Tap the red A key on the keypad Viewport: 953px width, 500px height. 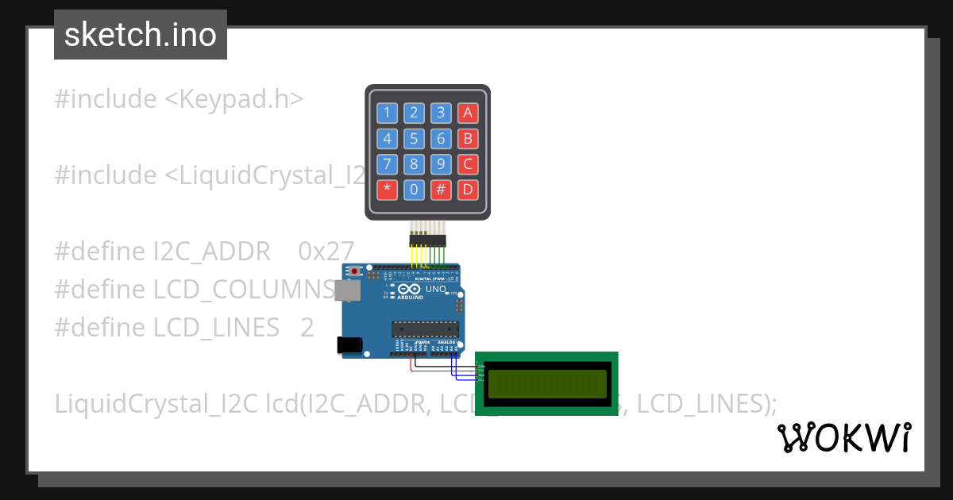click(468, 113)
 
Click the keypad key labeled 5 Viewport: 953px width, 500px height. click(414, 139)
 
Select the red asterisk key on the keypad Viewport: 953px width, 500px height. click(387, 190)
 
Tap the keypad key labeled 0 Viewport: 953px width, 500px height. click(414, 190)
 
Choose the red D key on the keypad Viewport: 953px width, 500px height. click(468, 190)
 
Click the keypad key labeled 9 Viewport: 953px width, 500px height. click(441, 164)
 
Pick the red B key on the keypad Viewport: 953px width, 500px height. click(468, 139)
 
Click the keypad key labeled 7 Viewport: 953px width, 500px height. click(387, 164)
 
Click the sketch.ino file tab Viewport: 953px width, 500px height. click(141, 35)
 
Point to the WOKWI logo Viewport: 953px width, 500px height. click(843, 438)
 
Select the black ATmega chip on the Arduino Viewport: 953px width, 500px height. click(425, 328)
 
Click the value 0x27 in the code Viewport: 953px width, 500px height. click(326, 251)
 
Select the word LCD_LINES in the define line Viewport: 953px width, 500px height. click(216, 327)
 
